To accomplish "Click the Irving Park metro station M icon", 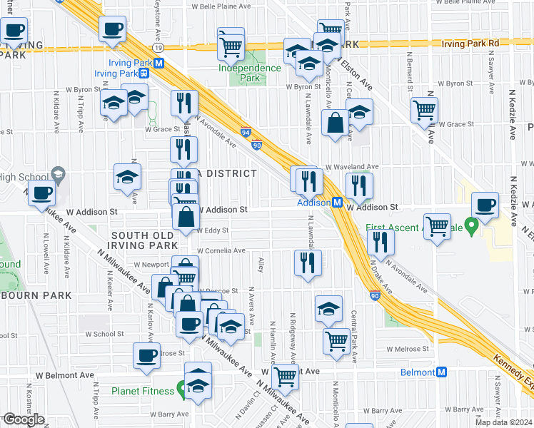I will click(160, 63).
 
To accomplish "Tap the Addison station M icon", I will click(336, 203).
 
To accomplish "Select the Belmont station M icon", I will click(442, 372).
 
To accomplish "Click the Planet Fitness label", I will click(143, 391).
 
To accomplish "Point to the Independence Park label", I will click(250, 72).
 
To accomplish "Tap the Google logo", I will click(23, 419).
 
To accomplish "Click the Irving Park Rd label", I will click(469, 43).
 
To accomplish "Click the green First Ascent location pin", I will click(471, 227).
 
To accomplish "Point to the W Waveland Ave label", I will click(351, 165).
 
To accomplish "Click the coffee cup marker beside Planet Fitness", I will click(147, 355).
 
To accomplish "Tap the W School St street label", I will click(109, 333).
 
